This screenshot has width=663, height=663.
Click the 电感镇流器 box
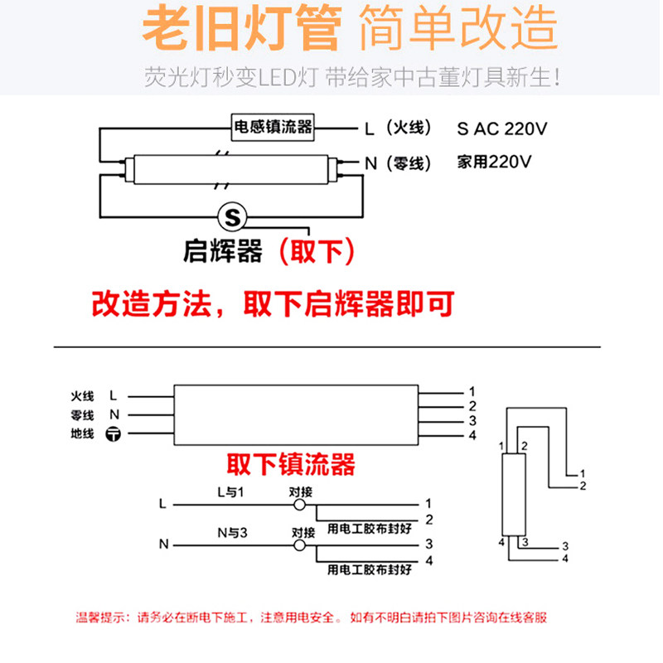[273, 127]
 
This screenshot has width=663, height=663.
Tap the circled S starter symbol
[232, 218]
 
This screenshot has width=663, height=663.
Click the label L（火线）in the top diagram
[399, 128]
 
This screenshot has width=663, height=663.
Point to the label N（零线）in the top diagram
[399, 163]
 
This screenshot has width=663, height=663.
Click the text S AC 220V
[503, 128]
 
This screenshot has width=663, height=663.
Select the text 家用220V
[494, 162]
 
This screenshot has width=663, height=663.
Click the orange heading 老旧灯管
[241, 31]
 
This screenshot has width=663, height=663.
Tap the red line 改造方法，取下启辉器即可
[273, 304]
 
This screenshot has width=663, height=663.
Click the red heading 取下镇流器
[290, 462]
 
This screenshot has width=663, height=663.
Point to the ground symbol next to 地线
[114, 434]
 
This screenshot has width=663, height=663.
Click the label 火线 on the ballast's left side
[83, 396]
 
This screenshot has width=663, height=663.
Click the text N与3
[233, 532]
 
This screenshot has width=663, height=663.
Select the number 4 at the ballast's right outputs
[472, 436]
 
